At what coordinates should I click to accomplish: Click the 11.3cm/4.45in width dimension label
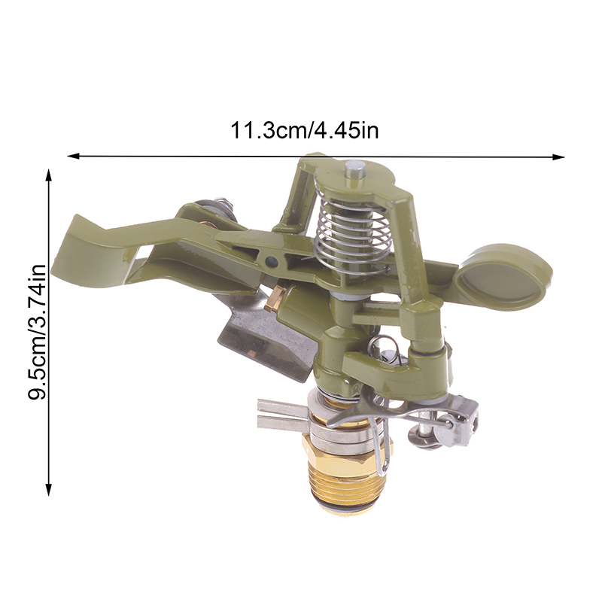click(304, 130)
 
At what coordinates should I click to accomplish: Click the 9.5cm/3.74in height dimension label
click(37, 332)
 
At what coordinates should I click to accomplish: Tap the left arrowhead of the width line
click(73, 156)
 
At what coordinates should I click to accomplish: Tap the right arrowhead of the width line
click(558, 157)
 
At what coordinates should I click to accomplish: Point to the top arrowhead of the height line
click(48, 175)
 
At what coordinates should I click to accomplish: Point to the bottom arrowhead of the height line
click(48, 490)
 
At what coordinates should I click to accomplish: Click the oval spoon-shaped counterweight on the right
click(503, 277)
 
